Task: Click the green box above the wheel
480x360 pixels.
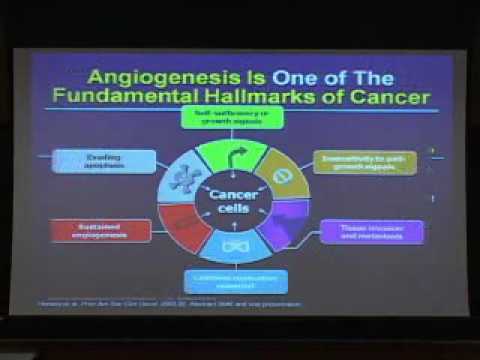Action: [238, 119]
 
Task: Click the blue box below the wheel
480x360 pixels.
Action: [236, 281]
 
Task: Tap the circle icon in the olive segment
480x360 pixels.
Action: [283, 175]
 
